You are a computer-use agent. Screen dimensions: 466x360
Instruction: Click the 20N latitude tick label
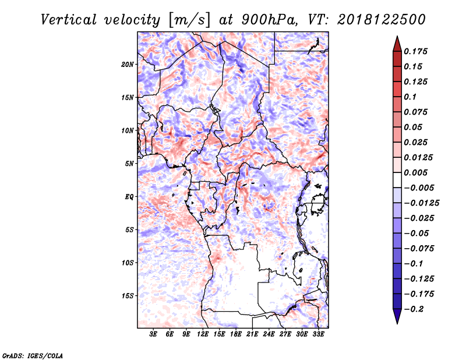tap(128, 65)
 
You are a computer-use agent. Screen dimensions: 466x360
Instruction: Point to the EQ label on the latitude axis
tap(129, 197)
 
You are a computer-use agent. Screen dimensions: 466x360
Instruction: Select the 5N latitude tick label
tap(129, 164)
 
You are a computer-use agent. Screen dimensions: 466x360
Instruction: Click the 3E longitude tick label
tap(153, 334)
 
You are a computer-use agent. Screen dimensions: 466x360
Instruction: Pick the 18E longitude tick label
tap(236, 334)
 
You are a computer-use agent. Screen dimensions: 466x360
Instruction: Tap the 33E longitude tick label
tap(318, 334)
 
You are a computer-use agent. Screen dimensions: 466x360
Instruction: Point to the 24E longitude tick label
tap(269, 334)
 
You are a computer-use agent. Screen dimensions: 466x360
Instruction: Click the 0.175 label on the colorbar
tap(415, 51)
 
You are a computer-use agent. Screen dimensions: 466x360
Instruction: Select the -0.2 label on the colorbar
tap(414, 309)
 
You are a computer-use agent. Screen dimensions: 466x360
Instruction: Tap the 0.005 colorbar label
tap(415, 172)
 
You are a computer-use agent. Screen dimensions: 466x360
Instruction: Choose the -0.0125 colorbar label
tap(421, 203)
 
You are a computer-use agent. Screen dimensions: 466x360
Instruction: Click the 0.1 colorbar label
tap(410, 97)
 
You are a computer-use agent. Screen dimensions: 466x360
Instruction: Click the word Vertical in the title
tap(69, 20)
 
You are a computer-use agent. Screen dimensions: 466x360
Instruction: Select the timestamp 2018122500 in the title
tap(382, 20)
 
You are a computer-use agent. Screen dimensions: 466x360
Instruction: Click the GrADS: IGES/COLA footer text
tap(33, 355)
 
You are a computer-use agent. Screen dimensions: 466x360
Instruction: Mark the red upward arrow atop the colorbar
tap(397, 44)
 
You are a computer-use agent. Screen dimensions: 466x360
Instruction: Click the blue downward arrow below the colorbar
tap(397, 316)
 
